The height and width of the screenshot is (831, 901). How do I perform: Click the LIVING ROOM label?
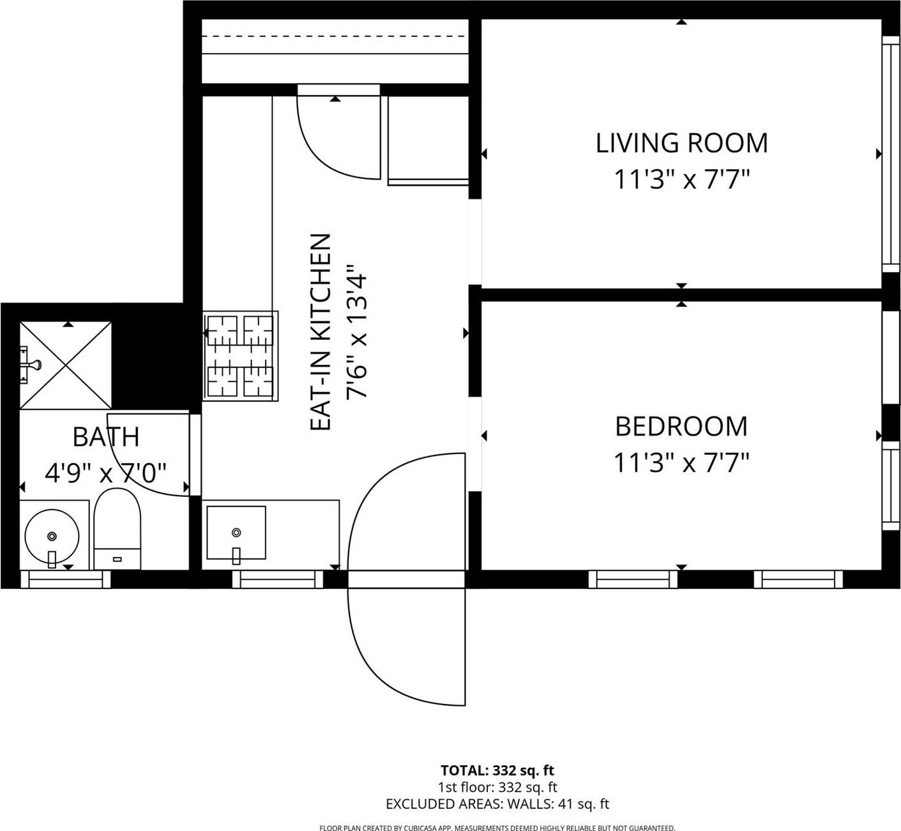[x=681, y=143]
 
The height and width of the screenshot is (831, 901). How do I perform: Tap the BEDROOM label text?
[x=681, y=427]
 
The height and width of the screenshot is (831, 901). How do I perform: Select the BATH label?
[x=106, y=437]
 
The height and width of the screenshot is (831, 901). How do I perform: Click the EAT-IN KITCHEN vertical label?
[x=321, y=332]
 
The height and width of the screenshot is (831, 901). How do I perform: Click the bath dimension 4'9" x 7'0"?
[x=106, y=473]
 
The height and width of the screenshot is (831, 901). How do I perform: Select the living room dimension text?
[x=681, y=179]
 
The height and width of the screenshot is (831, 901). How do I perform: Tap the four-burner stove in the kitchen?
[x=241, y=356]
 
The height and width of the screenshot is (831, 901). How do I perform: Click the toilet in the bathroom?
[x=117, y=528]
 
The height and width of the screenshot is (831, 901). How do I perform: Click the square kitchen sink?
[x=236, y=533]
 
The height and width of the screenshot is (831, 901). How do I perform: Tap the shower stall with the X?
[x=66, y=365]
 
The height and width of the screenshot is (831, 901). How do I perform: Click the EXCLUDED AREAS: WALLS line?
[x=497, y=804]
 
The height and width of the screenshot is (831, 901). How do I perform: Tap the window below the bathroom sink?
[x=66, y=579]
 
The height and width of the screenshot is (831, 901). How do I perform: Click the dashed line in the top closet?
[x=335, y=36]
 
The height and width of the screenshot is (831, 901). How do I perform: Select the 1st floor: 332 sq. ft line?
[x=497, y=788]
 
